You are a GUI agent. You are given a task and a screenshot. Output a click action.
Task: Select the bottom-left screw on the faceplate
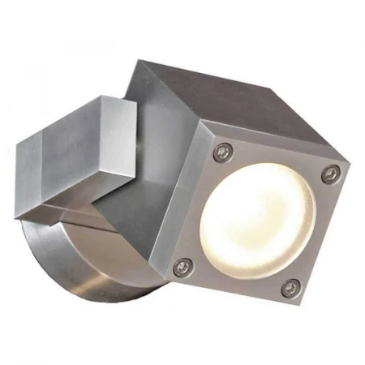(186, 263)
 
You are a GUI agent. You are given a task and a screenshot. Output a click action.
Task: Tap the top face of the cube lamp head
(227, 105)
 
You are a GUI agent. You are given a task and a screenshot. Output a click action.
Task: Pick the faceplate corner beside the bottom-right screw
(296, 302)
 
